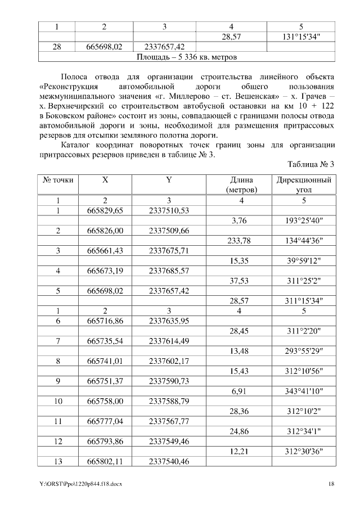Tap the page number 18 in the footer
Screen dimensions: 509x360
click(x=331, y=483)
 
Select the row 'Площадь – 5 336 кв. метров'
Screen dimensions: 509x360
click(x=187, y=57)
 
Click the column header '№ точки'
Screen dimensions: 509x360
click(x=58, y=180)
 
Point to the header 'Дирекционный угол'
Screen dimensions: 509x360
click(x=304, y=185)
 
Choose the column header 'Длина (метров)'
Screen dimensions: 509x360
click(x=241, y=185)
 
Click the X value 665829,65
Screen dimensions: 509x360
click(x=105, y=210)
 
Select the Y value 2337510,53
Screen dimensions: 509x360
click(x=169, y=210)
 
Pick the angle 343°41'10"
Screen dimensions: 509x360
click(x=304, y=390)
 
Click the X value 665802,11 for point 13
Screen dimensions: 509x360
click(x=105, y=461)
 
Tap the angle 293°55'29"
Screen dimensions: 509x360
click(x=304, y=352)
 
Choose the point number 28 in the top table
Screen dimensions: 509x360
click(x=57, y=47)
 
